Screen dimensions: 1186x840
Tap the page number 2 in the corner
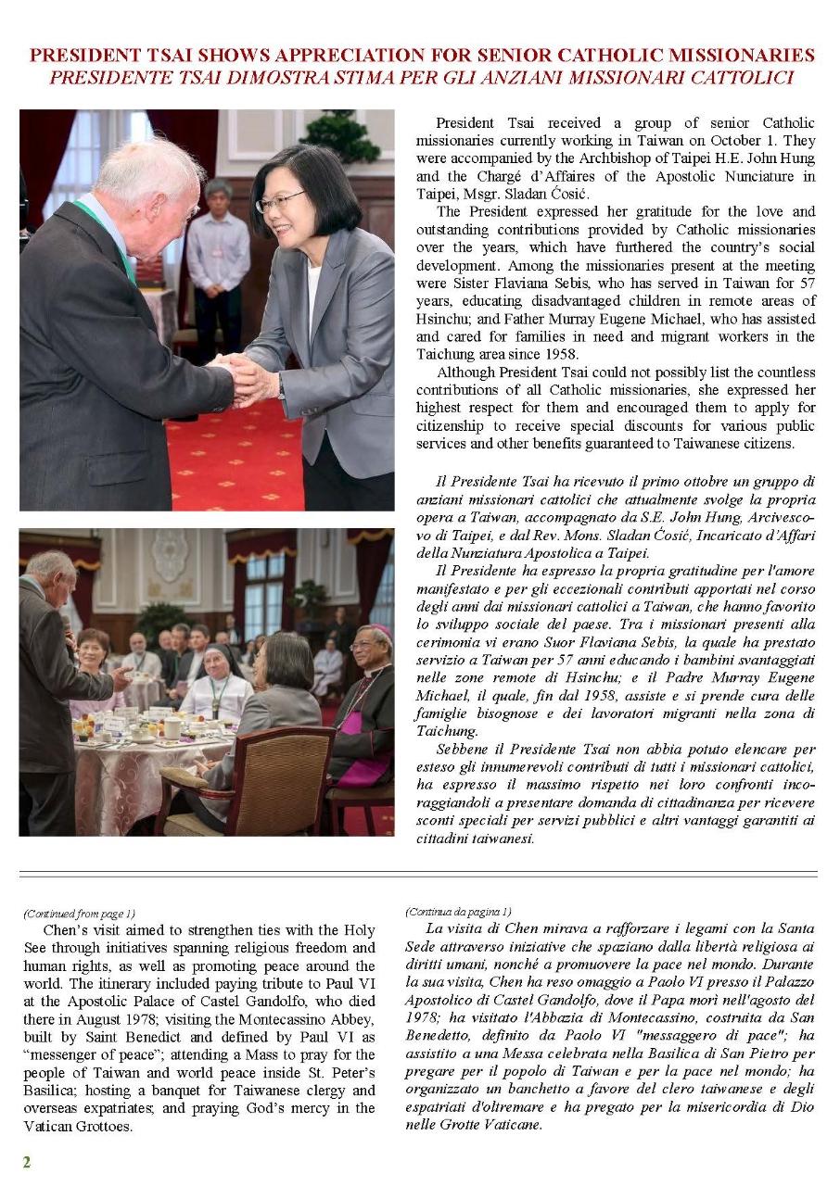click(27, 1162)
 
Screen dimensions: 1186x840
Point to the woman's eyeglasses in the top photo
click(280, 201)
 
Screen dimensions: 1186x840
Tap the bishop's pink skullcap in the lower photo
click(381, 631)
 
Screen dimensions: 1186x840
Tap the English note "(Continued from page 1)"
click(79, 914)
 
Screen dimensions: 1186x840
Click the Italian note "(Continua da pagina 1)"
click(458, 912)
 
